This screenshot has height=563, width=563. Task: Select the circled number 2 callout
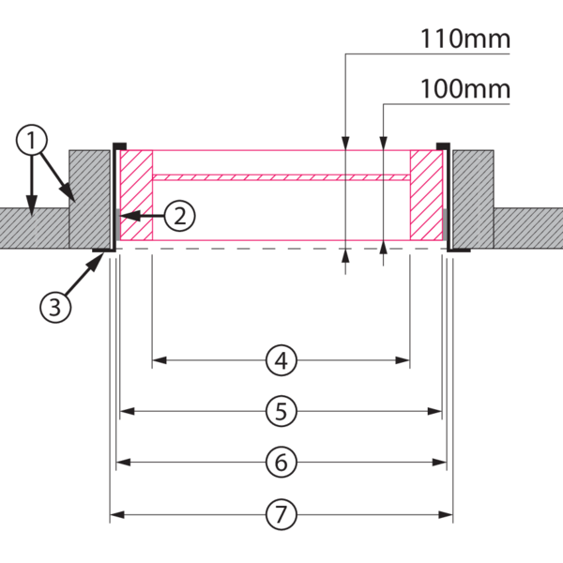(x=181, y=215)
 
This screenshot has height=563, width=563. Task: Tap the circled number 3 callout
(x=54, y=306)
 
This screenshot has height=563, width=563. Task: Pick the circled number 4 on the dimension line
(x=281, y=358)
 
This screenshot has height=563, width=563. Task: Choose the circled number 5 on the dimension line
(x=281, y=410)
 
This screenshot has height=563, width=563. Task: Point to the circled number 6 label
(x=281, y=462)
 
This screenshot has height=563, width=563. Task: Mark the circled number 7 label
(x=281, y=513)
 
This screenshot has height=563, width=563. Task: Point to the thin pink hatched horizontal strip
(x=281, y=175)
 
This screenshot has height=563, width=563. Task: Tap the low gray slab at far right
(x=527, y=228)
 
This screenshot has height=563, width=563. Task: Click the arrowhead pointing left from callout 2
(x=124, y=215)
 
